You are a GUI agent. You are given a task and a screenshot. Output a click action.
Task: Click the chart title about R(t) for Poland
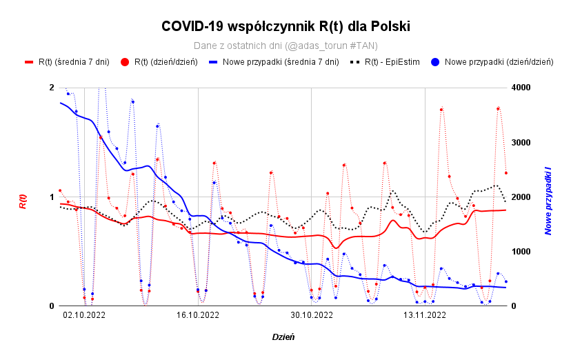[x=285, y=26]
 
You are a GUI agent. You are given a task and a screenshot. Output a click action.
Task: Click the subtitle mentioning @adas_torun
[x=285, y=46]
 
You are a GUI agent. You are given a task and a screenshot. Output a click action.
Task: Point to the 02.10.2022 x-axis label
[x=84, y=315]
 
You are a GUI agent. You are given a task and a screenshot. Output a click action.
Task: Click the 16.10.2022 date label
[x=198, y=315]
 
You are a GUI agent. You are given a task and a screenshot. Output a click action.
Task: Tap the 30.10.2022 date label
[x=312, y=315]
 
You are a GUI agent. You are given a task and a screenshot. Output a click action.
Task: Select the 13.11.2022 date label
[x=425, y=315]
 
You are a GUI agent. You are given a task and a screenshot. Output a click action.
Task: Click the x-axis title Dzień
[x=283, y=337]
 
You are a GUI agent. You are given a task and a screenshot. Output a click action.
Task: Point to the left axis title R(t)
[x=23, y=201]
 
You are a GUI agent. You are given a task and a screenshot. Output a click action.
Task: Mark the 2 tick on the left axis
[x=52, y=88]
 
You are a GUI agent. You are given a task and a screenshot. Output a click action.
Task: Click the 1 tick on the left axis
[x=52, y=197]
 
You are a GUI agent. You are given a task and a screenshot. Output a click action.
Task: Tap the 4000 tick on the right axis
[x=521, y=88]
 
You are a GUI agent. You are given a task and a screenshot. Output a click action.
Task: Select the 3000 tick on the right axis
[x=521, y=143]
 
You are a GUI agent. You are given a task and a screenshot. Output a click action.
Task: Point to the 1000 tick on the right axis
[x=521, y=252]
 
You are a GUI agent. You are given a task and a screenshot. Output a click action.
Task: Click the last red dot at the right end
[x=505, y=173]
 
